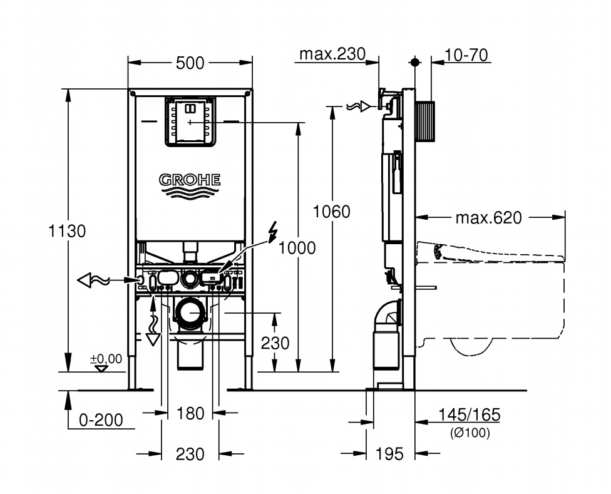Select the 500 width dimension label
point(190,63)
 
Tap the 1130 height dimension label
point(67,230)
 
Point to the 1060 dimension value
point(332,212)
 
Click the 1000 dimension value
point(297,248)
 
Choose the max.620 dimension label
point(488,218)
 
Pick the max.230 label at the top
point(331,54)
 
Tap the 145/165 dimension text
point(470,414)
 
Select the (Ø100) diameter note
point(470,432)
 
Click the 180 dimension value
point(190,413)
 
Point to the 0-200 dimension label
point(101,420)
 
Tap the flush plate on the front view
point(190,121)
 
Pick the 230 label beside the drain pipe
point(275,343)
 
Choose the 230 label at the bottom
point(190,454)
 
